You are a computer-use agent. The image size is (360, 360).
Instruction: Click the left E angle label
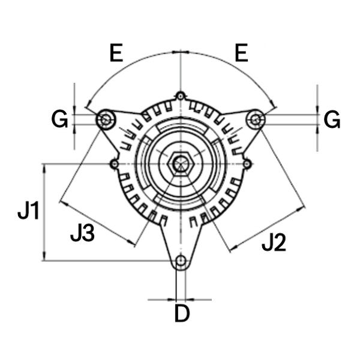tap(116, 53)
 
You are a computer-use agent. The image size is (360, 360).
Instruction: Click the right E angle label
tap(242, 53)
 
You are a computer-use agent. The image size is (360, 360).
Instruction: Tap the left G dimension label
tap(59, 119)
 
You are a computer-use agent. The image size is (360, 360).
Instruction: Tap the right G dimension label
tap(332, 119)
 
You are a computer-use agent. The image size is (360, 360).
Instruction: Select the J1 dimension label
tap(28, 211)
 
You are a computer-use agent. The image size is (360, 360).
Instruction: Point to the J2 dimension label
tap(274, 242)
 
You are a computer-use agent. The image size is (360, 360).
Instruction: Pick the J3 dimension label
tap(82, 233)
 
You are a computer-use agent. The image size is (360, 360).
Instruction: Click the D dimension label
tap(182, 313)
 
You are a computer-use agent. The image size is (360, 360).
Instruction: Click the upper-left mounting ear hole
tap(106, 119)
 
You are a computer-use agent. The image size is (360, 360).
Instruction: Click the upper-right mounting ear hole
tap(256, 119)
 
